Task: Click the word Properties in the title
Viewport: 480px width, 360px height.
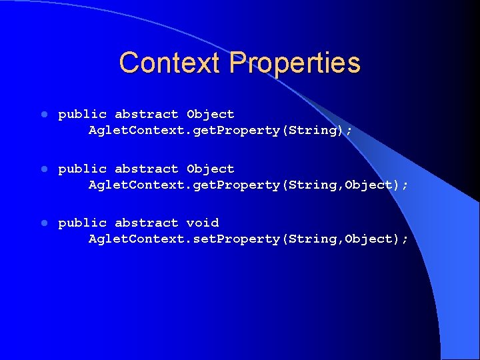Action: (294, 63)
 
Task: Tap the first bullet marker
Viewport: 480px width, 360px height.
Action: (43, 115)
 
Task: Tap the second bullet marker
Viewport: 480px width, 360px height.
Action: (43, 169)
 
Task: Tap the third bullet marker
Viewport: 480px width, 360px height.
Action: (43, 223)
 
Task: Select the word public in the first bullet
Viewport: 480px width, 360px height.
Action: (82, 115)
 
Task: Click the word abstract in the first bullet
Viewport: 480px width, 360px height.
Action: (146, 115)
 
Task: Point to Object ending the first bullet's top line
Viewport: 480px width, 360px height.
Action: (210, 115)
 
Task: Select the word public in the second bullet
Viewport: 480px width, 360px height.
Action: (82, 169)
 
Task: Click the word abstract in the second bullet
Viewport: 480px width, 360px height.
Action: (146, 169)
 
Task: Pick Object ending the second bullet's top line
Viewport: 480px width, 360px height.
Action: (210, 169)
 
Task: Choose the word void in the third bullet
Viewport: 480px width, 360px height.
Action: (202, 223)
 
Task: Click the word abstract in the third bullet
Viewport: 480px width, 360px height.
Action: (146, 223)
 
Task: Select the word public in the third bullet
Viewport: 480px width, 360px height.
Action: (82, 223)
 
